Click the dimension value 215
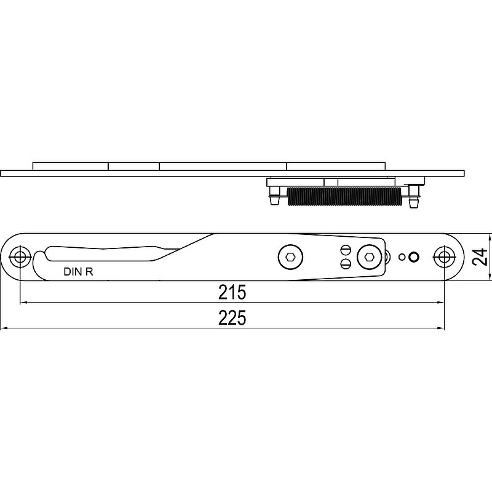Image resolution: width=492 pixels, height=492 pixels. coord(232,293)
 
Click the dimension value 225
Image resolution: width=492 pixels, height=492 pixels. coord(232,318)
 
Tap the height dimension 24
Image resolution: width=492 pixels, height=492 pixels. coord(480,256)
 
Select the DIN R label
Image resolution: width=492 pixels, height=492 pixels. coord(79,272)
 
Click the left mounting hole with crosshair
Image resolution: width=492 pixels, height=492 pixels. coord(20,257)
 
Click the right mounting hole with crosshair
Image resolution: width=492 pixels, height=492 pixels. coord(443,257)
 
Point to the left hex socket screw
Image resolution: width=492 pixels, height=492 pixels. coord(290,257)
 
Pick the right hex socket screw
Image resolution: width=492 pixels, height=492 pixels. coord(368,257)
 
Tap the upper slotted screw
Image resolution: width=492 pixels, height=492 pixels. coord(345,250)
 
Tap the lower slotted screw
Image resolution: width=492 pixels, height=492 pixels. coord(345,263)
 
